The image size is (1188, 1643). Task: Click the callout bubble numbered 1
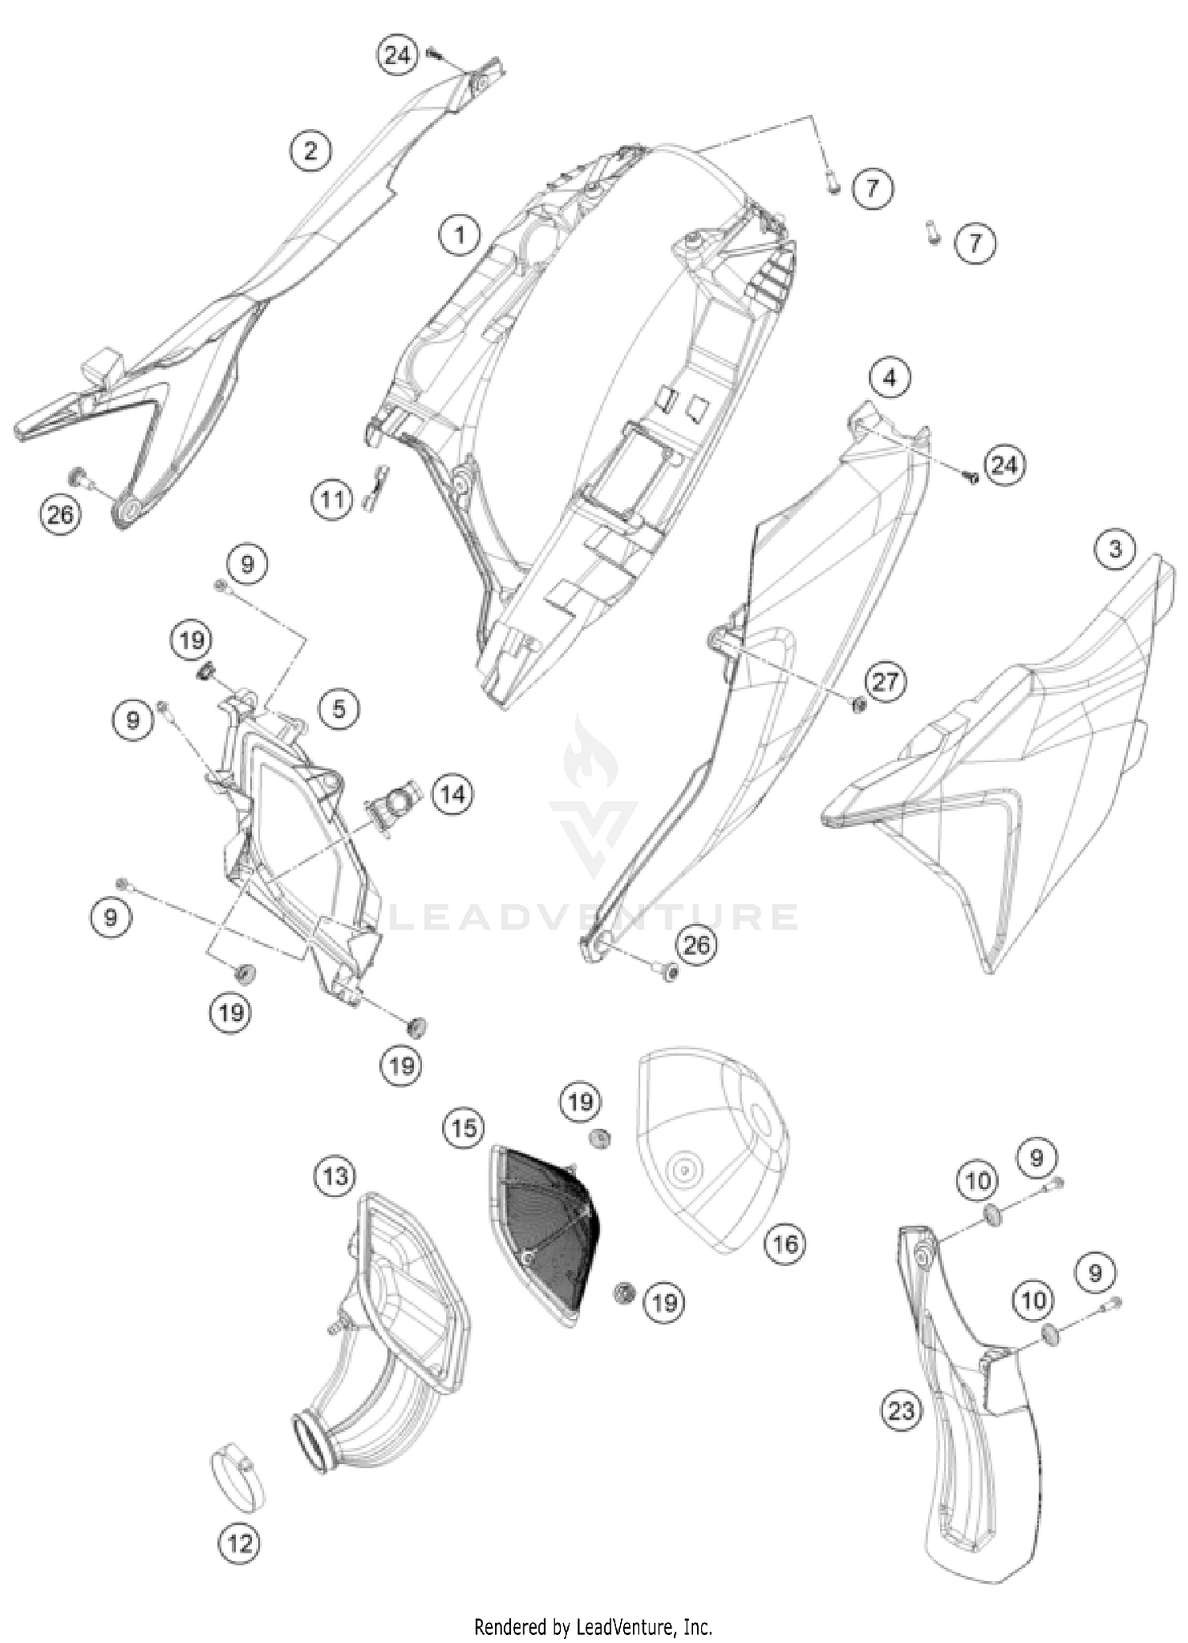[459, 234]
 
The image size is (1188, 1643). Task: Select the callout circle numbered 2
[310, 150]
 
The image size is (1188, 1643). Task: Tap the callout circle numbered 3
[1115, 548]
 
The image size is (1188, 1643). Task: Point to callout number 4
[889, 378]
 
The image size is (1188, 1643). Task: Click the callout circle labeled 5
[339, 707]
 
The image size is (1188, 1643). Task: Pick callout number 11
[332, 500]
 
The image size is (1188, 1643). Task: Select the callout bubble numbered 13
[335, 1175]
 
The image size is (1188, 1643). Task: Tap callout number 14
[453, 794]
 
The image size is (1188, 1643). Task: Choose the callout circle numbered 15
[464, 1127]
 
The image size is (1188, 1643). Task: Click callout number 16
[785, 1244]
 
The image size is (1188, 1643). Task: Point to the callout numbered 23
[902, 1410]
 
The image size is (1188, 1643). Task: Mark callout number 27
[885, 681]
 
